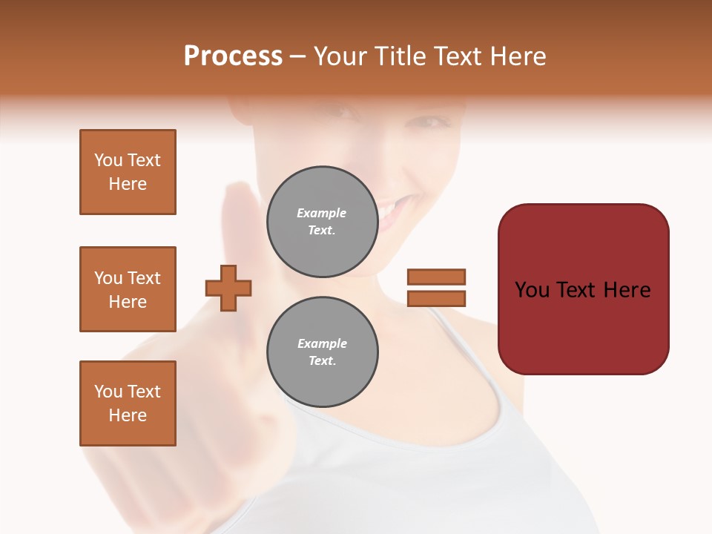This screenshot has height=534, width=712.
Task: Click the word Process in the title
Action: tap(233, 56)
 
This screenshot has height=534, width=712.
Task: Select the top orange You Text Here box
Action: tap(128, 172)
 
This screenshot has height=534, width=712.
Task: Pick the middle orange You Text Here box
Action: tap(128, 289)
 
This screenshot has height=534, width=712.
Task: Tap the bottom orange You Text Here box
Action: tap(128, 403)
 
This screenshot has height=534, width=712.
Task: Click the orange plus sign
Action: tap(228, 288)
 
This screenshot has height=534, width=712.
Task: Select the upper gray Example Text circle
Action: tap(322, 222)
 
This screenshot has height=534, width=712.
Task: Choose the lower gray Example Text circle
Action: tap(322, 352)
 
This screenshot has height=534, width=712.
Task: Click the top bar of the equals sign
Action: tap(436, 277)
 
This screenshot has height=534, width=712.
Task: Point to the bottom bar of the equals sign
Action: tap(436, 298)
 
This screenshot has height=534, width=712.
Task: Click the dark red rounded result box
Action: tap(583, 289)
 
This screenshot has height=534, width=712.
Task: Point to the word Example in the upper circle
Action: tap(322, 214)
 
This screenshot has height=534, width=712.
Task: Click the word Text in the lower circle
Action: tap(322, 361)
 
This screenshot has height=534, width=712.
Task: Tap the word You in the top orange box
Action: tap(108, 160)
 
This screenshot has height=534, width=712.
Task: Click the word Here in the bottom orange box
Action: tap(128, 415)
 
